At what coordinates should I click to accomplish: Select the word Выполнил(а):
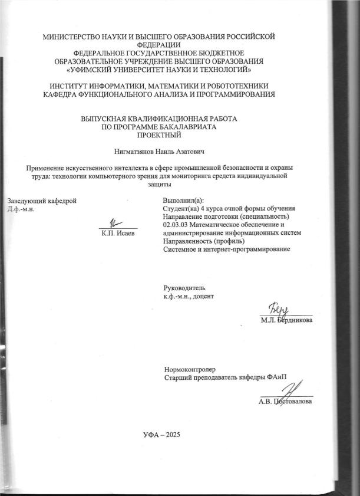(x=183, y=201)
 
